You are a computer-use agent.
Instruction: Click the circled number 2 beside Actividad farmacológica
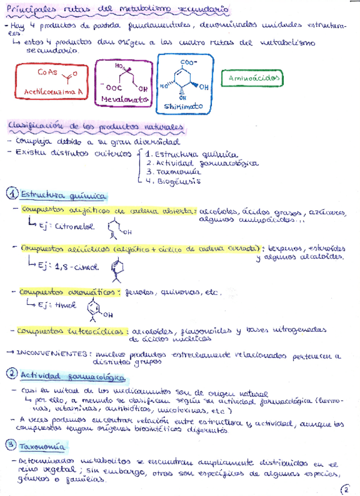(x=12, y=374)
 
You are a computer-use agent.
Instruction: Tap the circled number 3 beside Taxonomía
(x=12, y=446)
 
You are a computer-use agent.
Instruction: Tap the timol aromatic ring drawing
(x=95, y=308)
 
